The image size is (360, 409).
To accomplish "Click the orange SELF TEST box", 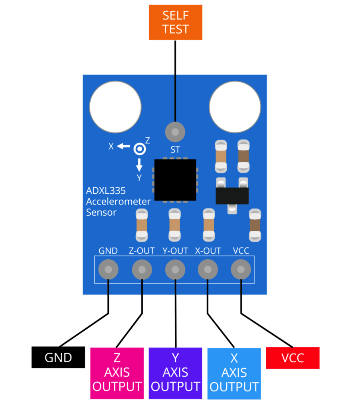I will [176, 22].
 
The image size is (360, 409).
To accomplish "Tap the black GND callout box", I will [58, 357].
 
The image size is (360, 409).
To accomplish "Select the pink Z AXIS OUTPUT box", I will [117, 373].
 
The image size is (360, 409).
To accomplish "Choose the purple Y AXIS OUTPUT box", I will [175, 373].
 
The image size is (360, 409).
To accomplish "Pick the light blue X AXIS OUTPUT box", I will [234, 373].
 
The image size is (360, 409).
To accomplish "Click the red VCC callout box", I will [293, 357].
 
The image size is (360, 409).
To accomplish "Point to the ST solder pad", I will [175, 131].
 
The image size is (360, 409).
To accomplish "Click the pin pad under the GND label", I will [108, 270].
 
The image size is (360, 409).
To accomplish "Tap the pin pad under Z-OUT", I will [142, 270].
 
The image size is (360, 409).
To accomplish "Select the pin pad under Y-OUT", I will [175, 270].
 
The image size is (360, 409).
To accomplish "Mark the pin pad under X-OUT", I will [208, 270].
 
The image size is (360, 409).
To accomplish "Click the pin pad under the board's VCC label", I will [241, 270].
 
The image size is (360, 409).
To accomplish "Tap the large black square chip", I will [175, 180].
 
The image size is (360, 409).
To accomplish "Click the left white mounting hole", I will [115, 106].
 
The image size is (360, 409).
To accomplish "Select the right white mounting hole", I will [235, 106].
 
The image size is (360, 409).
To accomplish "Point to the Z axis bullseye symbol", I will [140, 149].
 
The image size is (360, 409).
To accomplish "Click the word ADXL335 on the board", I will [106, 191].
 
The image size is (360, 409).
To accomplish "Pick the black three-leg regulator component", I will [232, 195].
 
